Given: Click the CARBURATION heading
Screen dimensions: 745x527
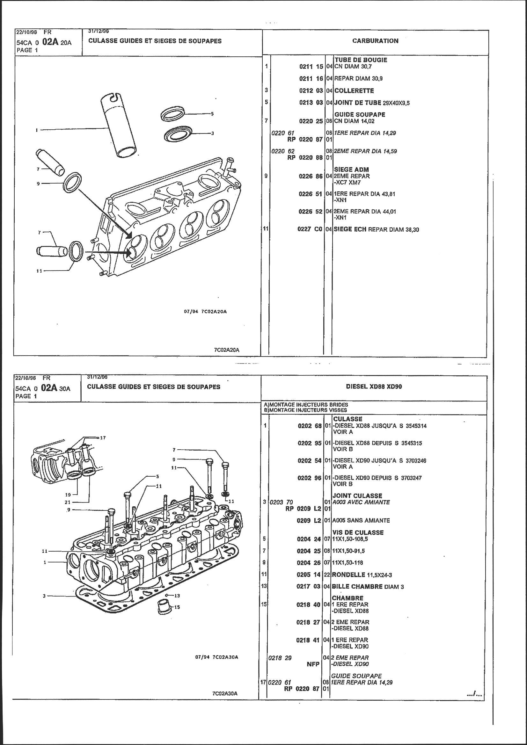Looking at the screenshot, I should [x=375, y=41].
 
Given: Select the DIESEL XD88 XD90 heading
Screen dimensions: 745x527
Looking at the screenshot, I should [x=374, y=387].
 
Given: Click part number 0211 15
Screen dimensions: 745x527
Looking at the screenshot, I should [x=311, y=67].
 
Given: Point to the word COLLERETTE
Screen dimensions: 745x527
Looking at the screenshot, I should [x=354, y=91].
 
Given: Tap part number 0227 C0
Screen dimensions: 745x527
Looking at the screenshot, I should [x=310, y=229].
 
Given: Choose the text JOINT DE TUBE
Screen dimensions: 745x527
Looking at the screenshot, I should [x=357, y=103].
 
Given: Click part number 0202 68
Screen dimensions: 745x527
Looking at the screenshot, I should [x=310, y=426].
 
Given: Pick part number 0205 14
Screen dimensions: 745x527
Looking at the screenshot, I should [x=309, y=575].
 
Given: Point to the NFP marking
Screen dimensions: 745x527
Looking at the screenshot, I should [x=313, y=664].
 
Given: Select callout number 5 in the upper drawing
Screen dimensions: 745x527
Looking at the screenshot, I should [x=212, y=114].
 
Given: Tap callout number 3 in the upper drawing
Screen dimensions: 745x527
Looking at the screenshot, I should [x=212, y=134].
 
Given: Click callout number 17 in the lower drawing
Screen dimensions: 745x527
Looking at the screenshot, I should [x=103, y=438].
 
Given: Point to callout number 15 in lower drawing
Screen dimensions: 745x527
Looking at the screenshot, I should [x=177, y=607].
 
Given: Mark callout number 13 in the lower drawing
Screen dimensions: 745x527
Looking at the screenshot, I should [x=177, y=596].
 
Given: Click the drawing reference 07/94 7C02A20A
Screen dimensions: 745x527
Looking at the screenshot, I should [x=206, y=312].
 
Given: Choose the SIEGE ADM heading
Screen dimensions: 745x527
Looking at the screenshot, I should [x=351, y=170].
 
